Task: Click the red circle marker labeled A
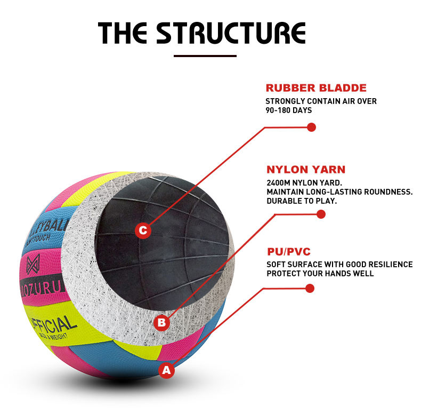(x=167, y=369)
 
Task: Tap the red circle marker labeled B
(x=162, y=322)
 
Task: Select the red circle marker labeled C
(x=142, y=231)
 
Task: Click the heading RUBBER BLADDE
(x=316, y=88)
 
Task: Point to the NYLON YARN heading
(x=306, y=170)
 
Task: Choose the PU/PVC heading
(x=288, y=252)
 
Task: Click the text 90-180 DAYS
(x=288, y=110)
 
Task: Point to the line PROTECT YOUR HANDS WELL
(x=320, y=274)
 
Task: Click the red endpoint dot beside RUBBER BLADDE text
(x=312, y=128)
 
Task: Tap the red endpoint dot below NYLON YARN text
(x=321, y=214)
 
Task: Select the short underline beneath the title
(x=205, y=55)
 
